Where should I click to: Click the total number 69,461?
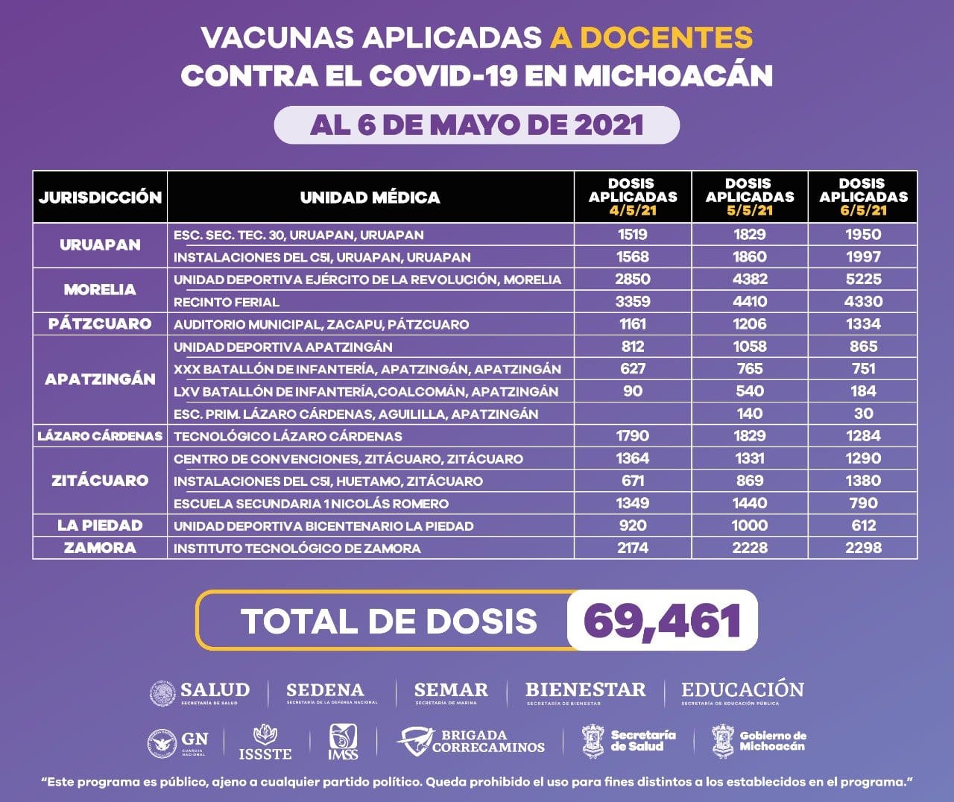663,620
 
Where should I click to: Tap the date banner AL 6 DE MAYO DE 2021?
477,124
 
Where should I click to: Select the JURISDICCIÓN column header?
100,197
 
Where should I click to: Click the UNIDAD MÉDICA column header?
370,197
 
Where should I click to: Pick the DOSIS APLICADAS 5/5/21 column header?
749,197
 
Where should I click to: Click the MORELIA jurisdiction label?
100,289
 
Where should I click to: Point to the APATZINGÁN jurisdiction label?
100,379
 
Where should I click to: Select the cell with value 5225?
863,279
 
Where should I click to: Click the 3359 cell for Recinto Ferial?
633,301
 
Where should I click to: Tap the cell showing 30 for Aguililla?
863,413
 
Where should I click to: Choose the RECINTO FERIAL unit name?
227,302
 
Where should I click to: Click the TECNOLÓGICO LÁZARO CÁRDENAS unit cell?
288,436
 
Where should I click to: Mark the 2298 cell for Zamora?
863,547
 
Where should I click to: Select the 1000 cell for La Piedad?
749,525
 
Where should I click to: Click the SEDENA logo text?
326,692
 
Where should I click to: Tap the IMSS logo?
343,742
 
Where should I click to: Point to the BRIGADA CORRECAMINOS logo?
471,741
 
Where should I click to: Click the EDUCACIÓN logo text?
742,691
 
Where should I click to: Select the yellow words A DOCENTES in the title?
651,37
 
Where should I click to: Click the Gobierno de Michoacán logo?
759,740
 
